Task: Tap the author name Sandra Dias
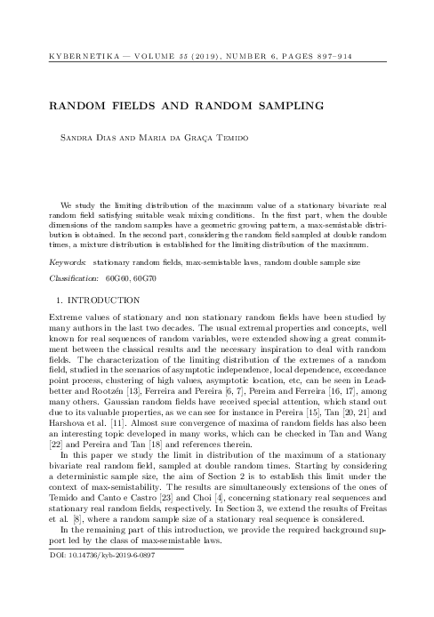click(x=84, y=140)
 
